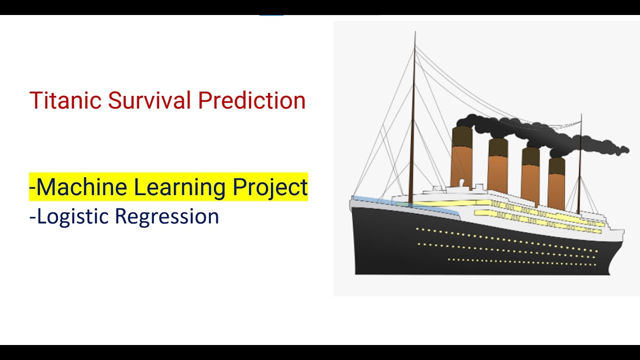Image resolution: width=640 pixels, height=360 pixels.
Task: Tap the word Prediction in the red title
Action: coord(251,100)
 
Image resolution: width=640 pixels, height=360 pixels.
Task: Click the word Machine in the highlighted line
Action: coord(82,187)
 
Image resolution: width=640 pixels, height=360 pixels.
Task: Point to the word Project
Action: coord(270,187)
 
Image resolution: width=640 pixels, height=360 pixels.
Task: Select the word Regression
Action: coord(167,216)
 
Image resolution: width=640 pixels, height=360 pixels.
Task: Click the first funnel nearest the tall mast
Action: coord(461,157)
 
